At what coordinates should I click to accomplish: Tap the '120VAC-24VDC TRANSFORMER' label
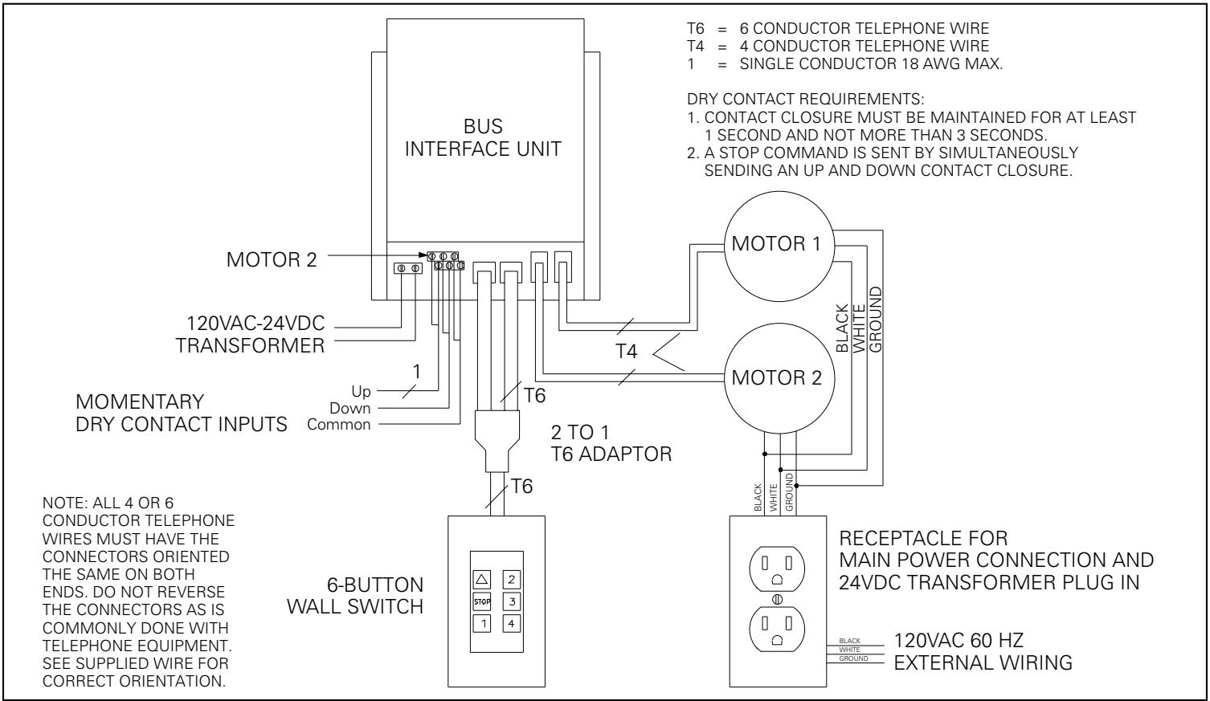point(255,337)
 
